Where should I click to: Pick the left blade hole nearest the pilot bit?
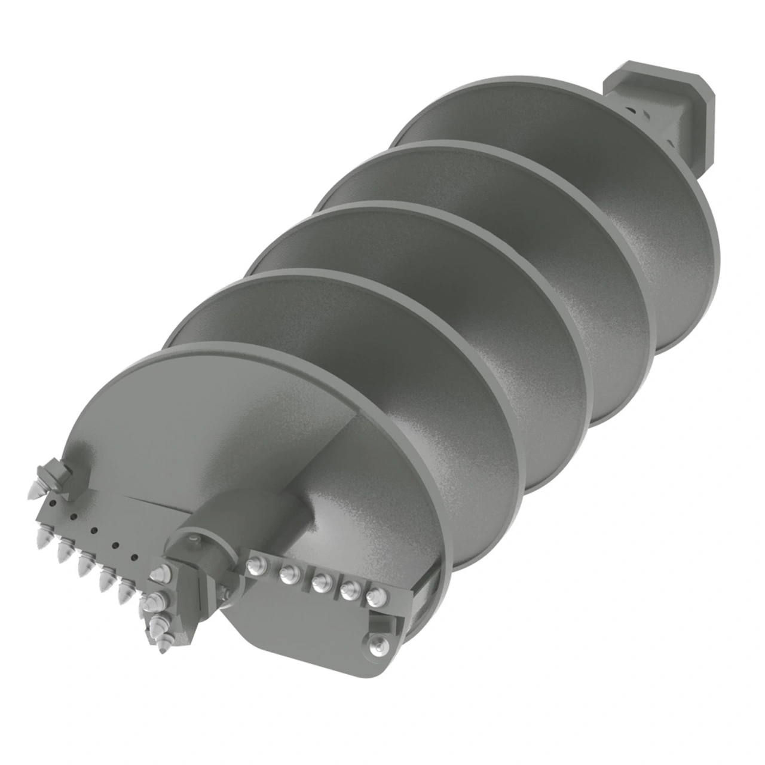coord(134,558)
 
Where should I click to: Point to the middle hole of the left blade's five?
coord(94,530)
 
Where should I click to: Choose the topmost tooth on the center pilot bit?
coord(160,574)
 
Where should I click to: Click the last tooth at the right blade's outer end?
coord(377,596)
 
